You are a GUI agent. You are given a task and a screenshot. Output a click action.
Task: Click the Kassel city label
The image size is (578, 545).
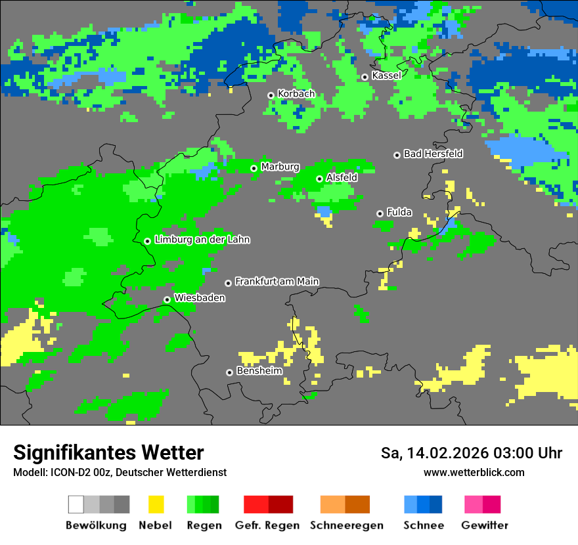386,76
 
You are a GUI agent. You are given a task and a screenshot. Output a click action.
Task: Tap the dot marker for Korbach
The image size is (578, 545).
271,95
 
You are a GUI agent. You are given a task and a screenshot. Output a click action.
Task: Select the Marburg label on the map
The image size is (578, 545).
280,167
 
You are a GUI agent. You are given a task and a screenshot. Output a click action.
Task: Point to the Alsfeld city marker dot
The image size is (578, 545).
319,179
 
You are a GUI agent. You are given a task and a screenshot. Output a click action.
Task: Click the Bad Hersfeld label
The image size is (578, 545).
433,154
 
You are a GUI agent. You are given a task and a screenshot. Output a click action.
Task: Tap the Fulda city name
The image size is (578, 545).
399,212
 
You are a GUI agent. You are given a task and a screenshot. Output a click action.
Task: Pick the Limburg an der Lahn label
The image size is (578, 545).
202,240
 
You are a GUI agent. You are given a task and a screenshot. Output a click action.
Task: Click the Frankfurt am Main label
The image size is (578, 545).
277,281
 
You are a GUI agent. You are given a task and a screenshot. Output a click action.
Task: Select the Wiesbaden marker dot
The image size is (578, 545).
167,299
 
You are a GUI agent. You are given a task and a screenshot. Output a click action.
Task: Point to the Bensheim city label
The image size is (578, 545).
259,371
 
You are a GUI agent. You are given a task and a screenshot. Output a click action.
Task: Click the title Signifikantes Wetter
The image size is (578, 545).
108,453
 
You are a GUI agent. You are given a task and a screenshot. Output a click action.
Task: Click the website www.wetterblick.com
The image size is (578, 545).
474,473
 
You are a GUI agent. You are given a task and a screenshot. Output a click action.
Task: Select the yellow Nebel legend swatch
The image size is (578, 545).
156,504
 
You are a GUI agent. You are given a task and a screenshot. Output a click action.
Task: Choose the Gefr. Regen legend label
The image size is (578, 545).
267,525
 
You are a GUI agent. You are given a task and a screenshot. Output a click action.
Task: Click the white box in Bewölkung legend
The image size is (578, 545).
76,504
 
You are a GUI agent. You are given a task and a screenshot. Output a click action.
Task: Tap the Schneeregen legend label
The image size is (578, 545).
347,525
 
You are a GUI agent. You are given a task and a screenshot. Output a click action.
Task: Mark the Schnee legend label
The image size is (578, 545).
424,525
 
